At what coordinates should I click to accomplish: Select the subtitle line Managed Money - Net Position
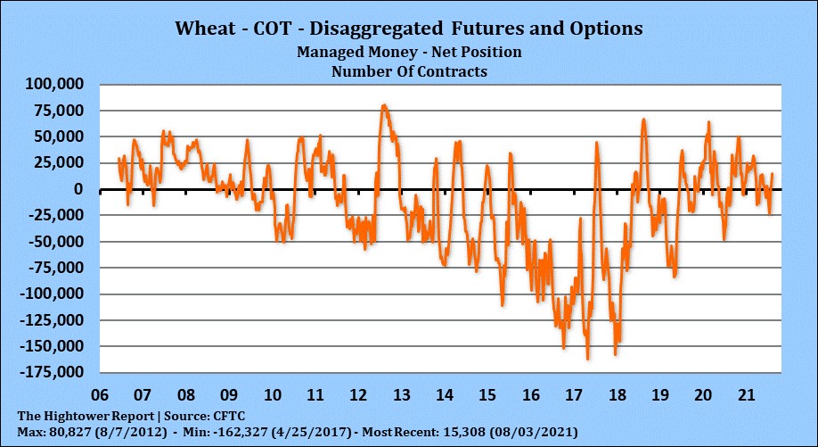pos(409,52)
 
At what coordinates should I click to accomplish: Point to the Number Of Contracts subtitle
pos(409,71)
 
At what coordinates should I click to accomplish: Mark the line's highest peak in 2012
pos(383,105)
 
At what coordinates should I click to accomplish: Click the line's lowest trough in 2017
pos(588,359)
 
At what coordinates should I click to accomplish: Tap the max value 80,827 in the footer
pos(66,432)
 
